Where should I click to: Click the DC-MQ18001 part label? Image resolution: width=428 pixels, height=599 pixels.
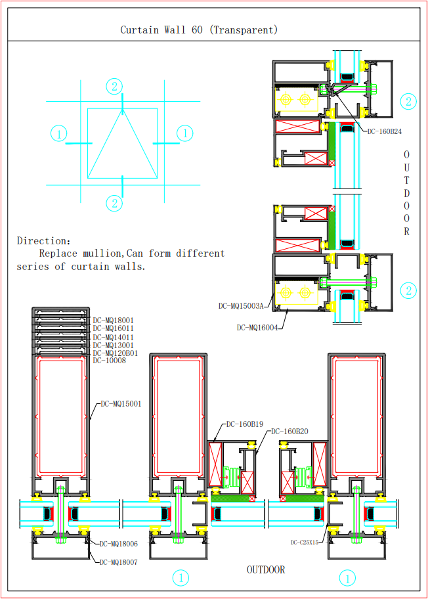pos(113,320)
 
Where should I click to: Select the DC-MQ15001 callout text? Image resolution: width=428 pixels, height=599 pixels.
pos(121,404)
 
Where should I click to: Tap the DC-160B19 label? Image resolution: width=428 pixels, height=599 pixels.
pos(245,424)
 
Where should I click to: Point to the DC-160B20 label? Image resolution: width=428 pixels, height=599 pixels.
pos(289,432)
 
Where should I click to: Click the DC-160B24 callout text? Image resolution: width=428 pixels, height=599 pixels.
pos(385,131)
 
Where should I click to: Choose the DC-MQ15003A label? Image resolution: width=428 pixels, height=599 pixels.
pos(241,306)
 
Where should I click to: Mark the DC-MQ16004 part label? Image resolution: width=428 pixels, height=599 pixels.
pos(257,327)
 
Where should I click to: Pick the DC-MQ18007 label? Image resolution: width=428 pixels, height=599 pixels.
pos(118,562)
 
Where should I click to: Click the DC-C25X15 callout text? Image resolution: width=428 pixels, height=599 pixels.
pos(305,543)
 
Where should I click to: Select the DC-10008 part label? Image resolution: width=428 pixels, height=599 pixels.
pos(109,361)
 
